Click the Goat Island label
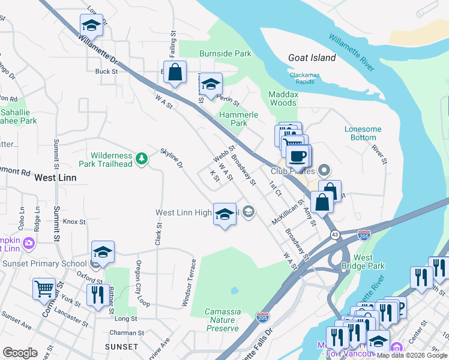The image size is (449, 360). tap(312, 58)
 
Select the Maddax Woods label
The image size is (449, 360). tap(282, 98)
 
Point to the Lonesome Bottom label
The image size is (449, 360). tap(363, 133)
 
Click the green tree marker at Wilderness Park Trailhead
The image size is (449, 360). tap(142, 158)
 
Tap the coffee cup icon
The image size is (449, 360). tap(298, 157)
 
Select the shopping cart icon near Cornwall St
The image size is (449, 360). tap(44, 289)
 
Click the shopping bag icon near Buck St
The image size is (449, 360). tap(175, 72)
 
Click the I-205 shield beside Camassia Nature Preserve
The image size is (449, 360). tap(262, 315)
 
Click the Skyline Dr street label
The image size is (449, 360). tap(170, 158)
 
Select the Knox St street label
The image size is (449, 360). tap(74, 221)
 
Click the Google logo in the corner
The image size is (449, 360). tap(20, 353)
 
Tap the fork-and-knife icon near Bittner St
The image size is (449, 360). tap(95, 295)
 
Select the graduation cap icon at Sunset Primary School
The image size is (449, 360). tap(103, 252)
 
